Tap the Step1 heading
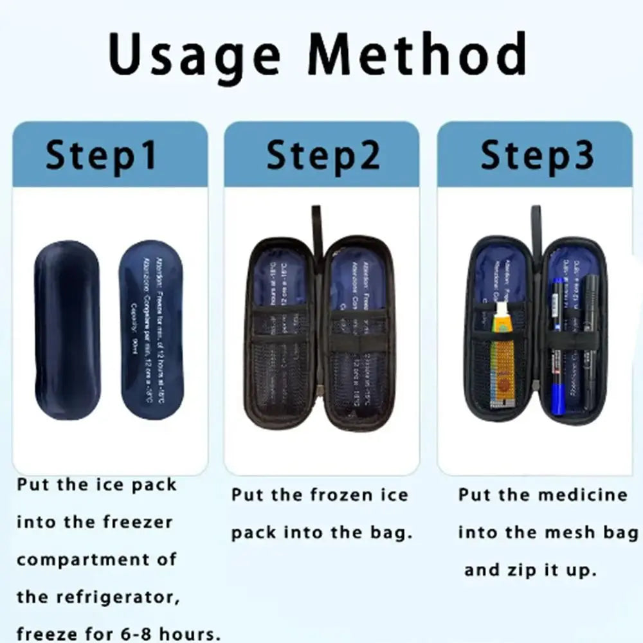coord(102,156)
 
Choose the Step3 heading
coord(537,156)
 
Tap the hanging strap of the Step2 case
coord(316,228)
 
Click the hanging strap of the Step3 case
coord(536,228)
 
